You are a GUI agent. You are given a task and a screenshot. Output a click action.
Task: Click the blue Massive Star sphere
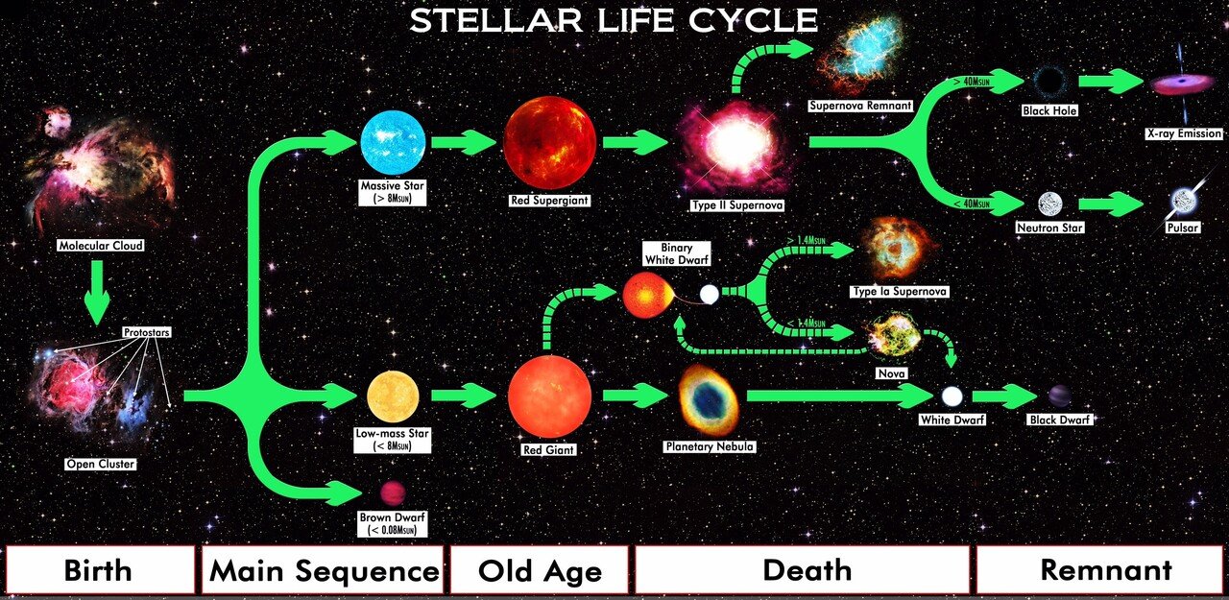pos(392,142)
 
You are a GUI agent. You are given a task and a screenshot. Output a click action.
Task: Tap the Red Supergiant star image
pos(549,142)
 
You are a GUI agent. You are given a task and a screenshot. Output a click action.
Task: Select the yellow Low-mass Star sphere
pos(394,397)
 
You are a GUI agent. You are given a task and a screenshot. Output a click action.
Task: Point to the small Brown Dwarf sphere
pos(393,493)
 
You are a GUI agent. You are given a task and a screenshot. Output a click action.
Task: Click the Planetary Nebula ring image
pos(709,399)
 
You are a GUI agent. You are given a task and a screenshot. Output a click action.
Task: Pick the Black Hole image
pos(1049,83)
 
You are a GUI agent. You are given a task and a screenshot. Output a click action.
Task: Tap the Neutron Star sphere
pos(1049,204)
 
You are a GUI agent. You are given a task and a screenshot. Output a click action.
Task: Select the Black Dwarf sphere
pos(1061,396)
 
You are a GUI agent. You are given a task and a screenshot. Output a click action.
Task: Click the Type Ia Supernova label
pos(898,291)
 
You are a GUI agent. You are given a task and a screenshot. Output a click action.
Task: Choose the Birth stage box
pos(98,570)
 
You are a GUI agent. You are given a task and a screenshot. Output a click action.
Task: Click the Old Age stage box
pos(540,570)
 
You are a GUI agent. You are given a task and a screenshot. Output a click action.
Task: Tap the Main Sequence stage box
pos(324,570)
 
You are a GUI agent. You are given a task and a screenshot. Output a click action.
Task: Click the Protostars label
pos(146,333)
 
